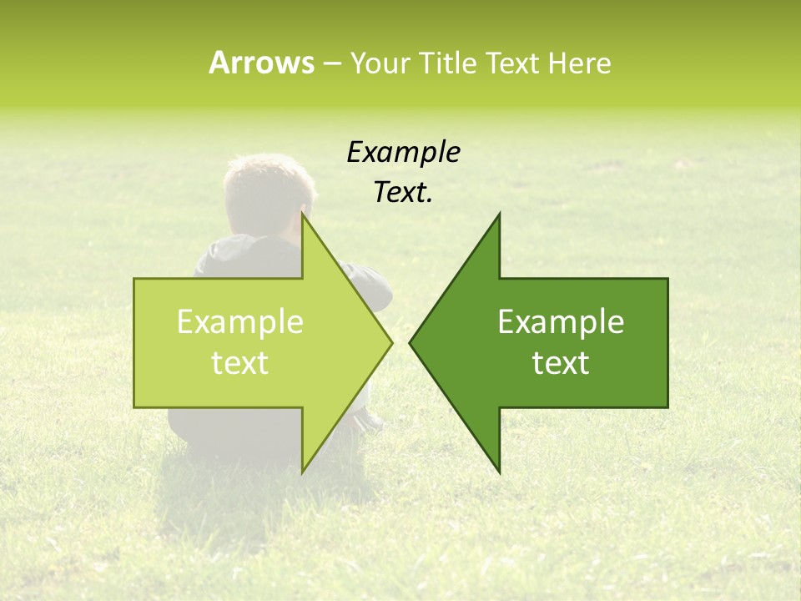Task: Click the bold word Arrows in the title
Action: [261, 63]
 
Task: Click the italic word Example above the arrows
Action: [403, 152]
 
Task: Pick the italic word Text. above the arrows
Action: [403, 193]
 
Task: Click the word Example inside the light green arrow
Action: [240, 322]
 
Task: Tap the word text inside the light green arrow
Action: [240, 363]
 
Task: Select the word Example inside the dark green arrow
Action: [561, 322]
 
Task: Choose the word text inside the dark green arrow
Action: [561, 363]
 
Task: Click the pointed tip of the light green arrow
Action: [391, 342]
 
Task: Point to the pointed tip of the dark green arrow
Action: [411, 342]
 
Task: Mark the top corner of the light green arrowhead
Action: [303, 215]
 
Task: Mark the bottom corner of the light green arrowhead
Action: [303, 472]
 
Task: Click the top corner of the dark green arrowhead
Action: [499, 215]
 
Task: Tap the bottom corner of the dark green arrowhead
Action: [499, 472]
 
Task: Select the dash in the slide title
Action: [331, 63]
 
